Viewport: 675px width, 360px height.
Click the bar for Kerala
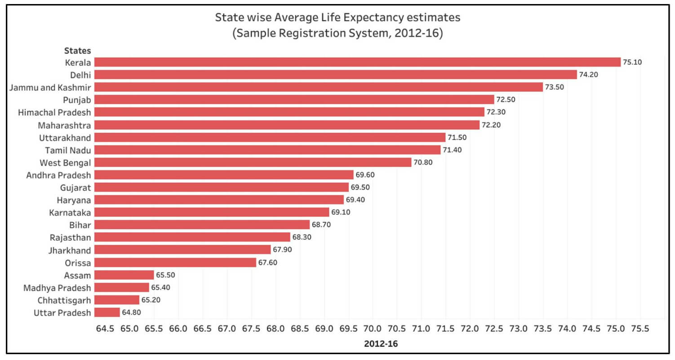(357, 62)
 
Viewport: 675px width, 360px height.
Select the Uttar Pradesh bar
(107, 312)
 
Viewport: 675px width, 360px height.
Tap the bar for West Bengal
(253, 162)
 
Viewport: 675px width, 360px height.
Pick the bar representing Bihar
(202, 225)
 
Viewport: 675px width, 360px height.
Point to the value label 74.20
(588, 75)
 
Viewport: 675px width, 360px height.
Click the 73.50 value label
(554, 87)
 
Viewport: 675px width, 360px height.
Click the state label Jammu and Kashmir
(50, 87)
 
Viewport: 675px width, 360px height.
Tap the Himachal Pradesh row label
(54, 112)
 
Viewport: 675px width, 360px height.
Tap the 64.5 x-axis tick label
(105, 329)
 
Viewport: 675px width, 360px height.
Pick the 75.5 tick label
(640, 329)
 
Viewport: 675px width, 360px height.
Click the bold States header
(77, 50)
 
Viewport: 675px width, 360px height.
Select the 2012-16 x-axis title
(381, 344)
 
